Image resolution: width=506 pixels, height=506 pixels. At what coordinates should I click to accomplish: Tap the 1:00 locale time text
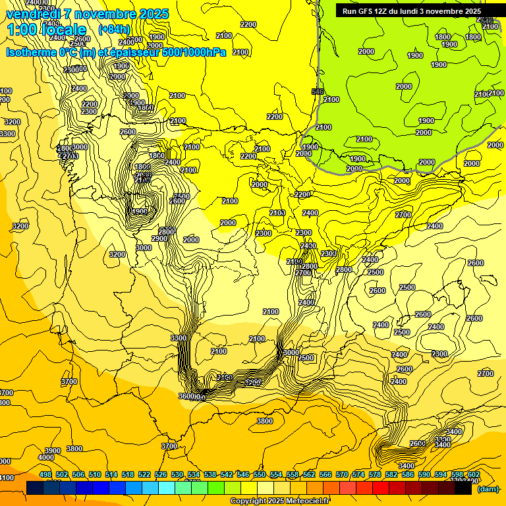46,30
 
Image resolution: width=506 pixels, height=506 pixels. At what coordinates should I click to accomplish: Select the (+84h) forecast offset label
114,30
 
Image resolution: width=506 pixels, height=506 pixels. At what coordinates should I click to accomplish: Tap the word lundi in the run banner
420,11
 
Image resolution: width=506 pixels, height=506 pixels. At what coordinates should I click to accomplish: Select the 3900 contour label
53,451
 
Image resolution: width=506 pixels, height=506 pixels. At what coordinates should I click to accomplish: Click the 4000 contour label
46,457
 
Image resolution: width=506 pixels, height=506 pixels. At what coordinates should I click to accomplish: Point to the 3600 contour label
186,396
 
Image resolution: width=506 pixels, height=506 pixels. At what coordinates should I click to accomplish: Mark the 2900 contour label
159,239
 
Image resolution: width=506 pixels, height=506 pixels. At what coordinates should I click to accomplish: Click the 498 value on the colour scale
45,475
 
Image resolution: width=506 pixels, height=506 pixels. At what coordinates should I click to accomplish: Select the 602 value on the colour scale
474,475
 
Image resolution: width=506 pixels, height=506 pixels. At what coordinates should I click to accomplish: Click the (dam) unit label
488,489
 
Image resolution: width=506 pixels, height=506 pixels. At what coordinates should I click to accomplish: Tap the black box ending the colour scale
463,488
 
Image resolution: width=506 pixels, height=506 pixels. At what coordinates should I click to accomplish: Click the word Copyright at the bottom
250,501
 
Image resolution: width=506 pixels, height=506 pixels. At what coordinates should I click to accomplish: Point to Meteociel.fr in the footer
306,501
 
